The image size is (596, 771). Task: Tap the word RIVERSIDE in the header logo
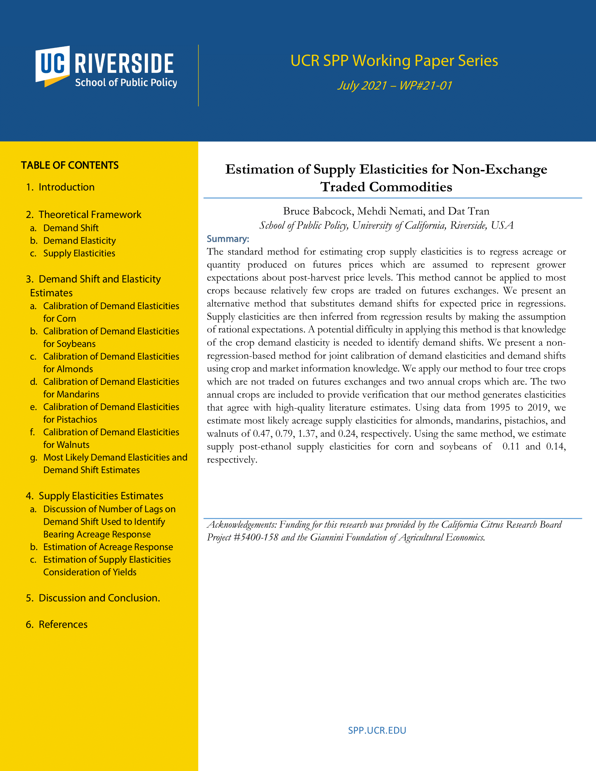click(x=124, y=64)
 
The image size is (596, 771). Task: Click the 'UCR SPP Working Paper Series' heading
click(x=394, y=61)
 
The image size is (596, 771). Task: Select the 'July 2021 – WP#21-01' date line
click(x=394, y=86)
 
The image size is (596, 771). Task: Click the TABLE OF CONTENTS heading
click(x=69, y=165)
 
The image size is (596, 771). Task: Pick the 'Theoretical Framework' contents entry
click(x=90, y=214)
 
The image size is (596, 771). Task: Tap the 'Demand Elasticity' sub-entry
click(x=80, y=241)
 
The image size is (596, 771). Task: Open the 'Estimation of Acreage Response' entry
click(x=108, y=547)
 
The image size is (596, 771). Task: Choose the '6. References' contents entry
click(x=63, y=625)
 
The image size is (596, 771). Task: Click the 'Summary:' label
click(x=228, y=239)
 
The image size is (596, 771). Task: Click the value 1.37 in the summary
click(x=306, y=434)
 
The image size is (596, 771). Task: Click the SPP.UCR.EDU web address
click(x=377, y=730)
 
